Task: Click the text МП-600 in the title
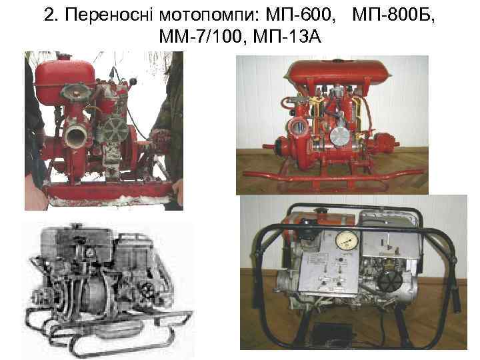tap(298, 15)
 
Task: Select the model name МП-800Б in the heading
tap(393, 15)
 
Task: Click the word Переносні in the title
tap(103, 15)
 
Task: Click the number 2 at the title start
tap(49, 15)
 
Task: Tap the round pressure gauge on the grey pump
tap(346, 239)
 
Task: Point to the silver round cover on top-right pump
tap(341, 135)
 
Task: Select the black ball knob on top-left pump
tap(135, 82)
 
